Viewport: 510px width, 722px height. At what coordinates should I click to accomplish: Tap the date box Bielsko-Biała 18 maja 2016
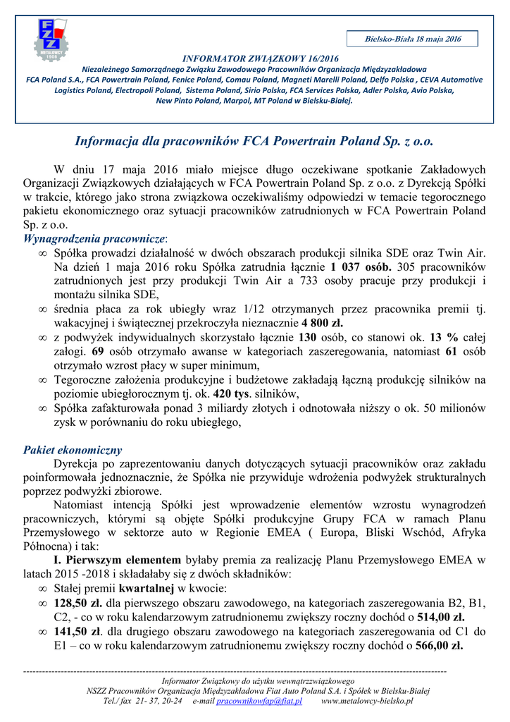pyautogui.click(x=412, y=39)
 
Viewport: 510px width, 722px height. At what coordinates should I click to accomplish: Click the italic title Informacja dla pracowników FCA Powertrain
pyautogui.click(x=254, y=141)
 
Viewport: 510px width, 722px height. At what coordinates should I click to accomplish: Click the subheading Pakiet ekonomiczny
pyautogui.click(x=73, y=450)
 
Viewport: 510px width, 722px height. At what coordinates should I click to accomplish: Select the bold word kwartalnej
pyautogui.click(x=146, y=588)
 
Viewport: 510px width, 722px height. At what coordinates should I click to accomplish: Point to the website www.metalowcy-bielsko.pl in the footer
pyautogui.click(x=366, y=702)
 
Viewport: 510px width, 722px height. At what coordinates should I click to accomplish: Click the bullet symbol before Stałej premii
pyautogui.click(x=43, y=589)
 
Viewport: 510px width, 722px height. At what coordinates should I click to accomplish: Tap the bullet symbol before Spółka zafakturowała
pyautogui.click(x=43, y=408)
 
